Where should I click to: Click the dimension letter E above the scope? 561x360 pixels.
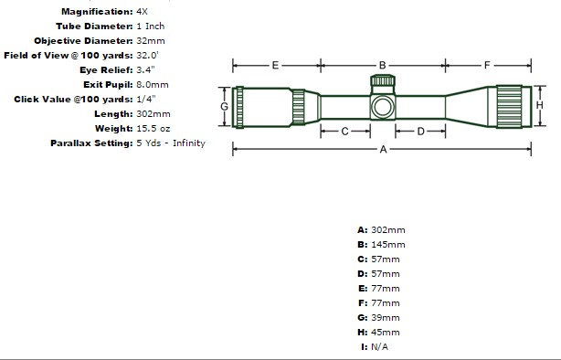[x=275, y=66]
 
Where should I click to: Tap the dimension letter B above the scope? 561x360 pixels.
[x=383, y=66]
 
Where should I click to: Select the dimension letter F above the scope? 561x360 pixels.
[x=487, y=66]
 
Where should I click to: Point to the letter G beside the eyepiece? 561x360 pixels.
[x=225, y=107]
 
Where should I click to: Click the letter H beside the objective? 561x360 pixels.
[x=540, y=105]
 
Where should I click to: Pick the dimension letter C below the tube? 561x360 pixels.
[x=344, y=132]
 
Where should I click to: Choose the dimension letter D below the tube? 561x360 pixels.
[x=420, y=132]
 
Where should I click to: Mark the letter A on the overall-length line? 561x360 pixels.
[x=383, y=149]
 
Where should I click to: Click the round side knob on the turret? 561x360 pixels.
[x=383, y=107]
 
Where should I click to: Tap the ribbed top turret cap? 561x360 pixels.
[x=383, y=80]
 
